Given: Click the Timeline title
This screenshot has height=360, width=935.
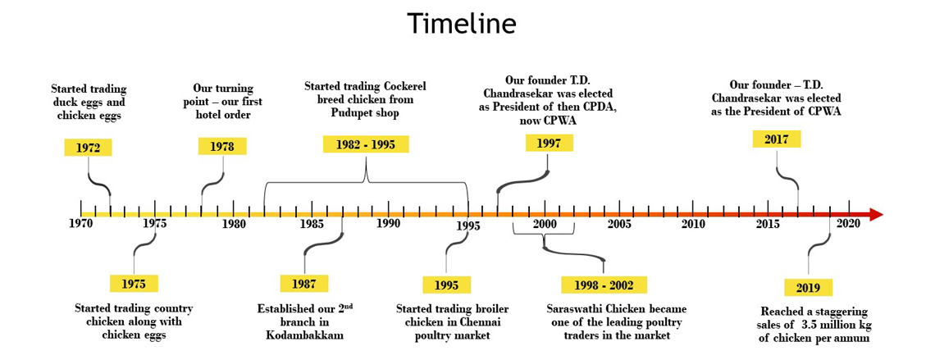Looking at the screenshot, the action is pos(462,25).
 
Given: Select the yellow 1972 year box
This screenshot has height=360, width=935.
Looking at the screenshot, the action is pos(88,148).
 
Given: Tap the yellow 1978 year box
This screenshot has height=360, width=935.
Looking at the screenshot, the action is pos(221,146).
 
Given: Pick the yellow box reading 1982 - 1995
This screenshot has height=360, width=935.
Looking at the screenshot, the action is pos(366,144).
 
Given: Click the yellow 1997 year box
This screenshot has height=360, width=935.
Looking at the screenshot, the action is pos(549,143).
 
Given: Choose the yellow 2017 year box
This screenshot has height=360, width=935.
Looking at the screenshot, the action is pos(777,139).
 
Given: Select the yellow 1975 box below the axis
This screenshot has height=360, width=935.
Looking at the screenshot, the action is pos(134,284).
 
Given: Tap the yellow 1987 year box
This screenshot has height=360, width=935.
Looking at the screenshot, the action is pos(304,284).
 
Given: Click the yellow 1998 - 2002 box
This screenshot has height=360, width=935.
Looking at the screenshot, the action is pos(604,285).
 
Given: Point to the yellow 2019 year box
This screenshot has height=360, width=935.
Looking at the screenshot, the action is pos(808,288).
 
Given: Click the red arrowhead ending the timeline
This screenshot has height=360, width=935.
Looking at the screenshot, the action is pos(876,215).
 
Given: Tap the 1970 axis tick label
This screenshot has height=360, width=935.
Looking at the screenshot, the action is pos(81,224).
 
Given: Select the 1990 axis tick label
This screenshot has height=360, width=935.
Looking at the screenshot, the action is pos(388,224).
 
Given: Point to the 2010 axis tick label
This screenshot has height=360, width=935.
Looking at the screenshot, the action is pos(693,224).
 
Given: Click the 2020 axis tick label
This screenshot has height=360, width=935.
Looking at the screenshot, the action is pos(849,224).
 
